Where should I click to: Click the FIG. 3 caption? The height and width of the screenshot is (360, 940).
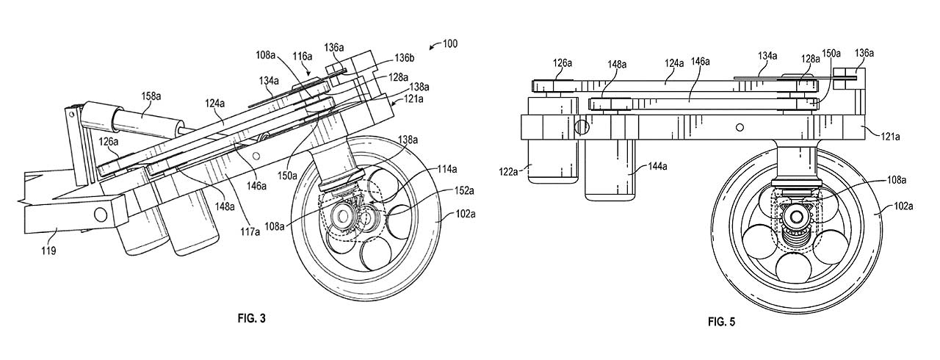point(251,318)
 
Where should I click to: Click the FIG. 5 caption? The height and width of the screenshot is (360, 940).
point(721,322)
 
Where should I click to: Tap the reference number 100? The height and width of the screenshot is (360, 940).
point(449,43)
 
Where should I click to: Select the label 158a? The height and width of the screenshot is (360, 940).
point(151,96)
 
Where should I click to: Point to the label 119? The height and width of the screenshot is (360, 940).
point(48,251)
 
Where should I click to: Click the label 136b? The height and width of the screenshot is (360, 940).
point(404,58)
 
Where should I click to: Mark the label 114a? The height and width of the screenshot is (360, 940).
point(446,169)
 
